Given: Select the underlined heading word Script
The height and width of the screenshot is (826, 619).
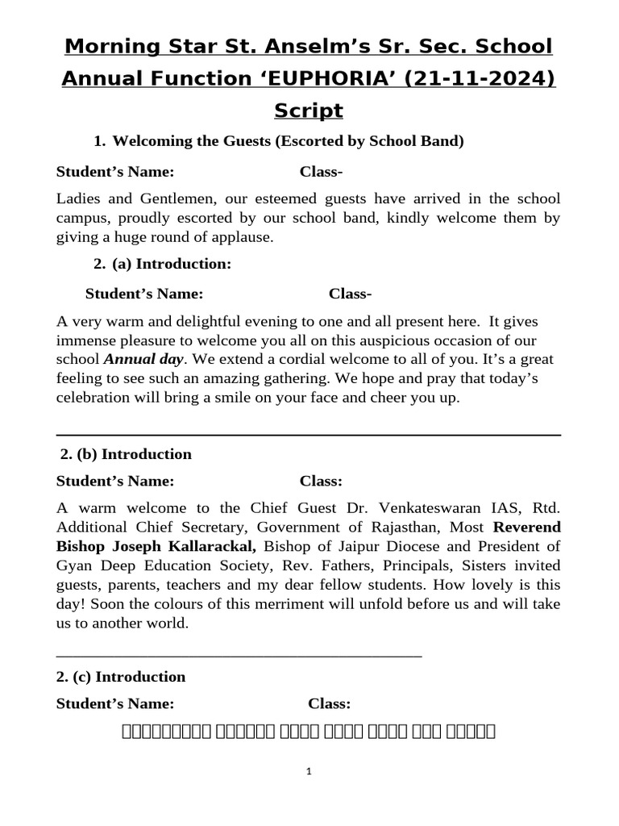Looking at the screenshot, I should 309,110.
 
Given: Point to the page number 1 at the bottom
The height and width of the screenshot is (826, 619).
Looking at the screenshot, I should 309,772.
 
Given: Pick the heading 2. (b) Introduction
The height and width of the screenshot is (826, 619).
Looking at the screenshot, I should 127,454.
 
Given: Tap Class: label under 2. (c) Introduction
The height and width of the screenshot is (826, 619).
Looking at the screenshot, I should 329,704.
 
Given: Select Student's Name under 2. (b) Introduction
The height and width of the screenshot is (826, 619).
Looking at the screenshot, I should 114,482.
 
